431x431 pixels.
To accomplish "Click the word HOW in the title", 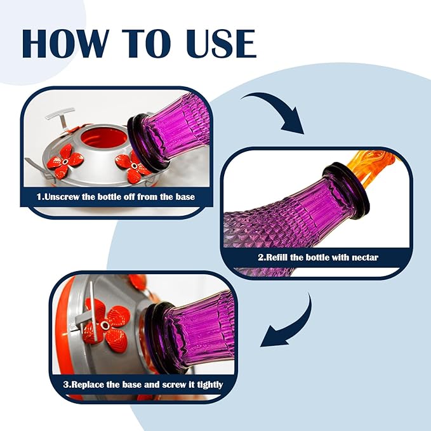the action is pyautogui.click(x=63, y=43).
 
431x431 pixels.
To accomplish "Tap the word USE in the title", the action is pyautogui.click(x=221, y=43).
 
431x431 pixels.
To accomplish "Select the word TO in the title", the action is pyautogui.click(x=147, y=43).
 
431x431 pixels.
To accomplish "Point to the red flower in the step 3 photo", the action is pyautogui.click(x=106, y=324).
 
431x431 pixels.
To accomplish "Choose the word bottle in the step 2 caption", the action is pyautogui.click(x=318, y=257).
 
